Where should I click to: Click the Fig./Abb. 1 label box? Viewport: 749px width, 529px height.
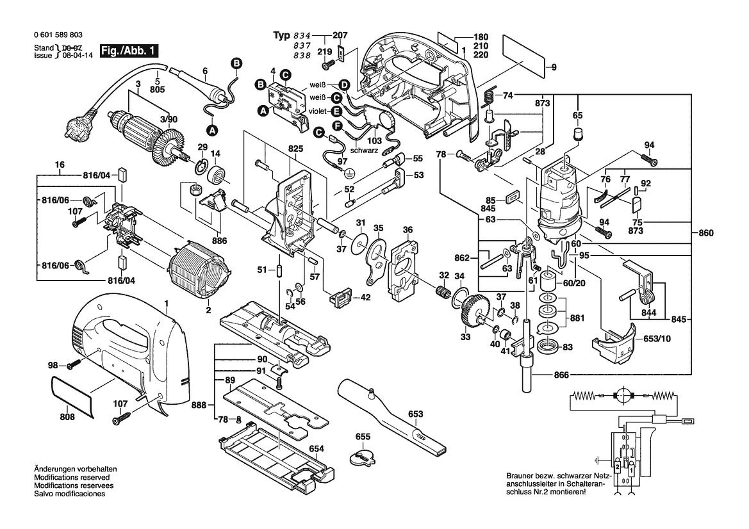click(x=128, y=51)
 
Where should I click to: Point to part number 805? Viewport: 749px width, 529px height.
click(x=157, y=89)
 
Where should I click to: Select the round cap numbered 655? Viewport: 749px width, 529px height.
click(x=363, y=458)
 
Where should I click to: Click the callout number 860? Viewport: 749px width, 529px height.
click(x=704, y=232)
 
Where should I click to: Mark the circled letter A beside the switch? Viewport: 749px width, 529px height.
click(x=263, y=111)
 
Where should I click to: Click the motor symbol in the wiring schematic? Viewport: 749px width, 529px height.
click(x=621, y=395)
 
